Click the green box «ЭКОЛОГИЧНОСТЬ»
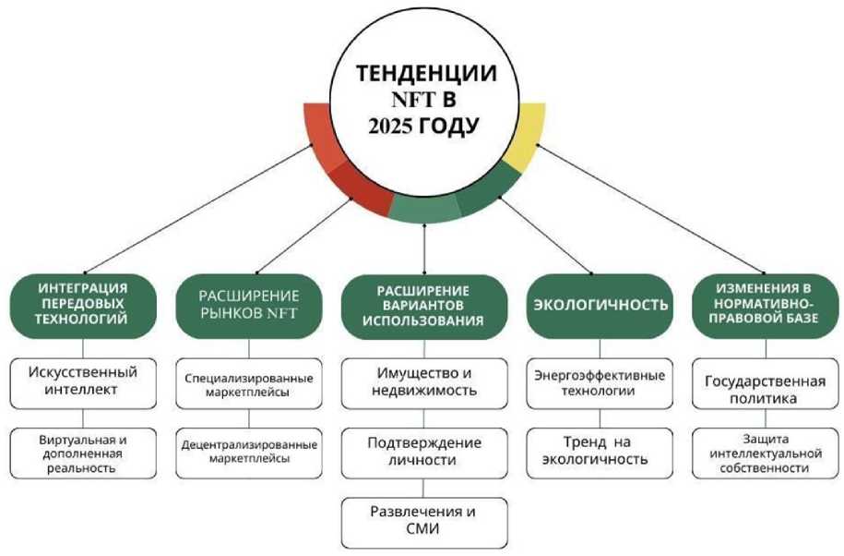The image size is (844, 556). coord(597,305)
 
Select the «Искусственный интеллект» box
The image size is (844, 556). coord(83,381)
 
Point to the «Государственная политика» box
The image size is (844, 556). coord(763,389)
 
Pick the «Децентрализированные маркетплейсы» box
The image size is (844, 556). coord(250,451)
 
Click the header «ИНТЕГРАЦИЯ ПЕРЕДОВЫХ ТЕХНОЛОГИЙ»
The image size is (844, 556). coord(83,303)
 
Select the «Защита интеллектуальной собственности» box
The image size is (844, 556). coord(763,453)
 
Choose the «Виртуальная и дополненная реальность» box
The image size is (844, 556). coord(83,452)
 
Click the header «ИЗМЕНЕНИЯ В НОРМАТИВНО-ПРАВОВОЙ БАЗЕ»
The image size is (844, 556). coord(763,303)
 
